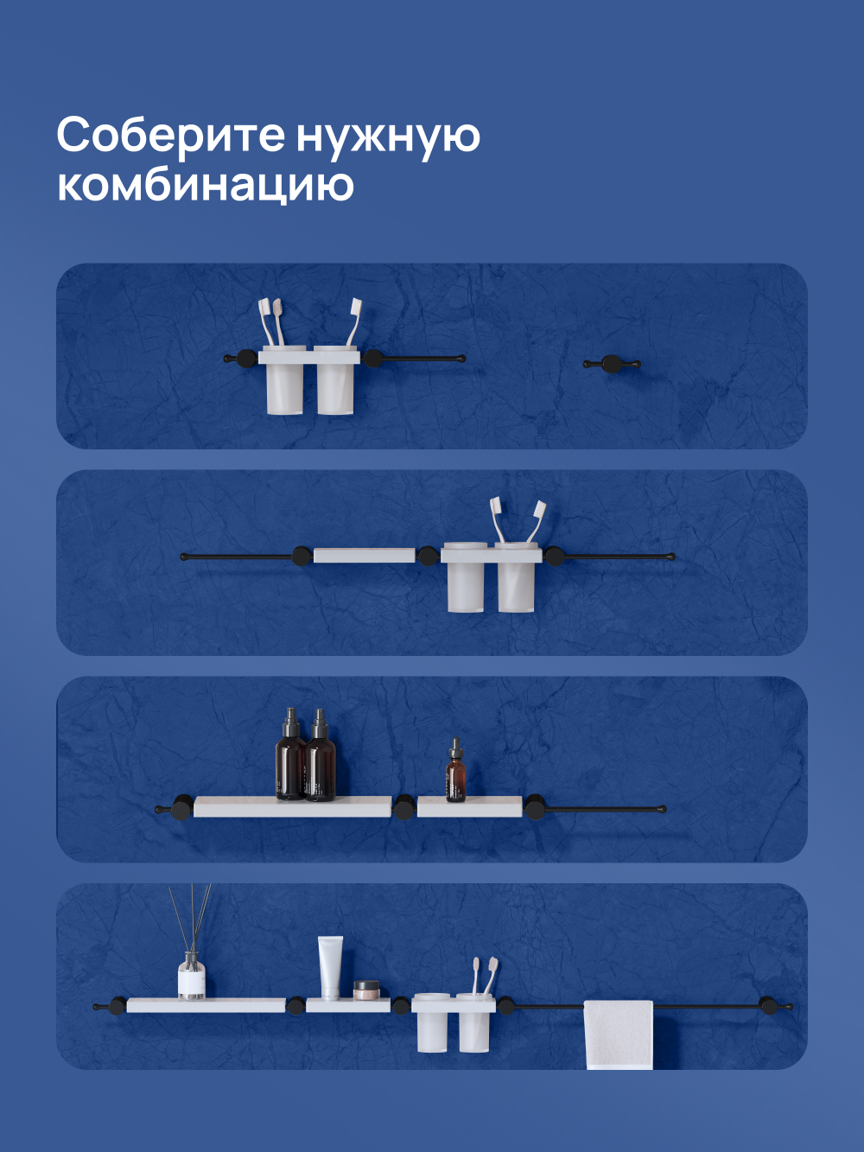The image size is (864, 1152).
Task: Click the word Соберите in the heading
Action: [170, 136]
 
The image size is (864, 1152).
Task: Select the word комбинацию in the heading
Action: [205, 185]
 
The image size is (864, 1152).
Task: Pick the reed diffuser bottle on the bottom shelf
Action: [191, 976]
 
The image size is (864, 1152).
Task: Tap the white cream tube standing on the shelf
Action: [330, 968]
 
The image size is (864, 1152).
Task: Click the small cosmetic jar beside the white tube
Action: [366, 990]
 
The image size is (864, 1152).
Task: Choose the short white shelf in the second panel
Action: [364, 555]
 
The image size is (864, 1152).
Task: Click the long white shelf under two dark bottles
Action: [292, 807]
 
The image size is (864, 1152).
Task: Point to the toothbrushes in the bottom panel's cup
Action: [484, 976]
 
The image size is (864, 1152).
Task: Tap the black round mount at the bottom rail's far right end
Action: [765, 1004]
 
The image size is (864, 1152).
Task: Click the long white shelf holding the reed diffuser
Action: [206, 1005]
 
